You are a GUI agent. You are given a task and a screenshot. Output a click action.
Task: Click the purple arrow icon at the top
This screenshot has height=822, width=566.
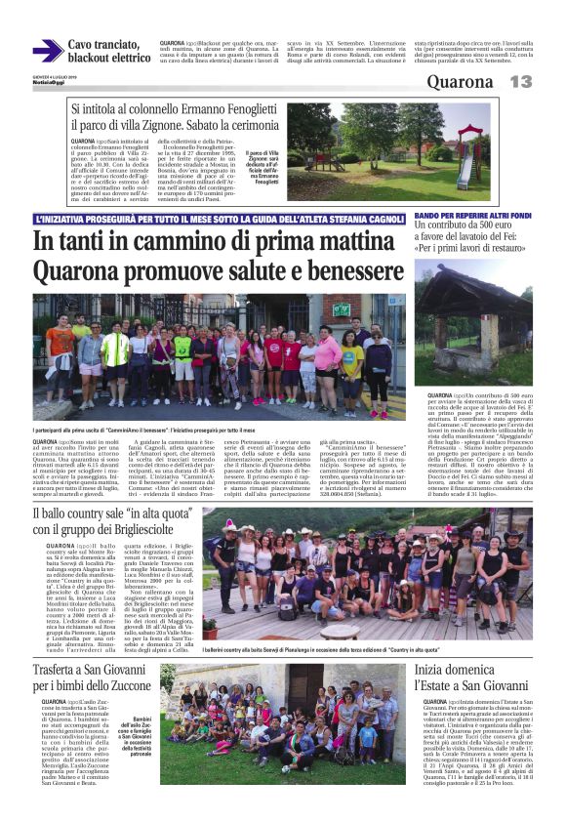[x=47, y=51]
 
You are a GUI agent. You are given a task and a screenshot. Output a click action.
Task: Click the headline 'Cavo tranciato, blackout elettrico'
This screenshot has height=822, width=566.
[x=108, y=51]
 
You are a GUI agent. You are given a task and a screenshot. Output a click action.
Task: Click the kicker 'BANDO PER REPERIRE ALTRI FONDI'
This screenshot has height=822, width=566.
[x=470, y=214]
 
